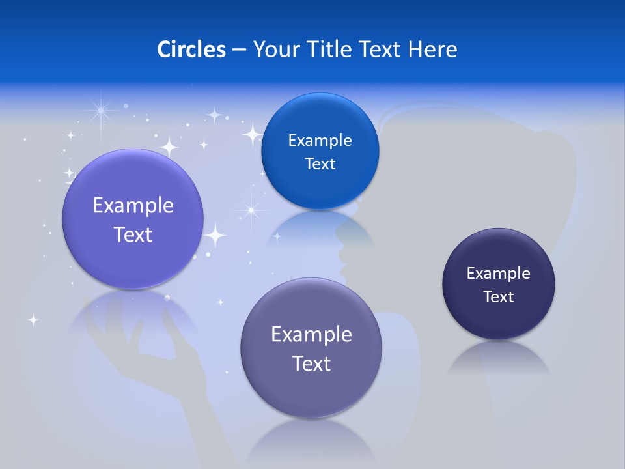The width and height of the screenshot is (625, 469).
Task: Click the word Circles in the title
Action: (191, 50)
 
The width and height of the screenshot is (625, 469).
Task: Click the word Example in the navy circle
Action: (499, 274)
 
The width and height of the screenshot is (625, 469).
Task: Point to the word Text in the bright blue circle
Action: (320, 164)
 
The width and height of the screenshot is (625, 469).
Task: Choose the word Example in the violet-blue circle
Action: (133, 206)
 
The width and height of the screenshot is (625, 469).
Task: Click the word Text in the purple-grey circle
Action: (311, 363)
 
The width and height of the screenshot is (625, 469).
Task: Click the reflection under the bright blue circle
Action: (320, 228)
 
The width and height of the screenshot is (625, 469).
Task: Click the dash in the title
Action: (239, 50)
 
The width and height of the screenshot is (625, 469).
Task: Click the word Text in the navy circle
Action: (499, 297)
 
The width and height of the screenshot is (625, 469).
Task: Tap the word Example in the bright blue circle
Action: (320, 141)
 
